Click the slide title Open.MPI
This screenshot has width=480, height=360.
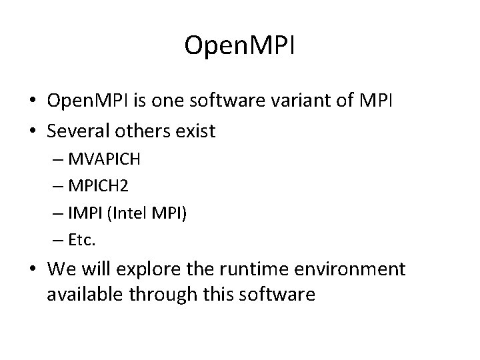click(x=240, y=46)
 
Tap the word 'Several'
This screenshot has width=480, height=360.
click(x=75, y=131)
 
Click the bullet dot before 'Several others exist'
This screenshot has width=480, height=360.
click(x=32, y=131)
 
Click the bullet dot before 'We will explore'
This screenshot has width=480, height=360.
click(x=32, y=270)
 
